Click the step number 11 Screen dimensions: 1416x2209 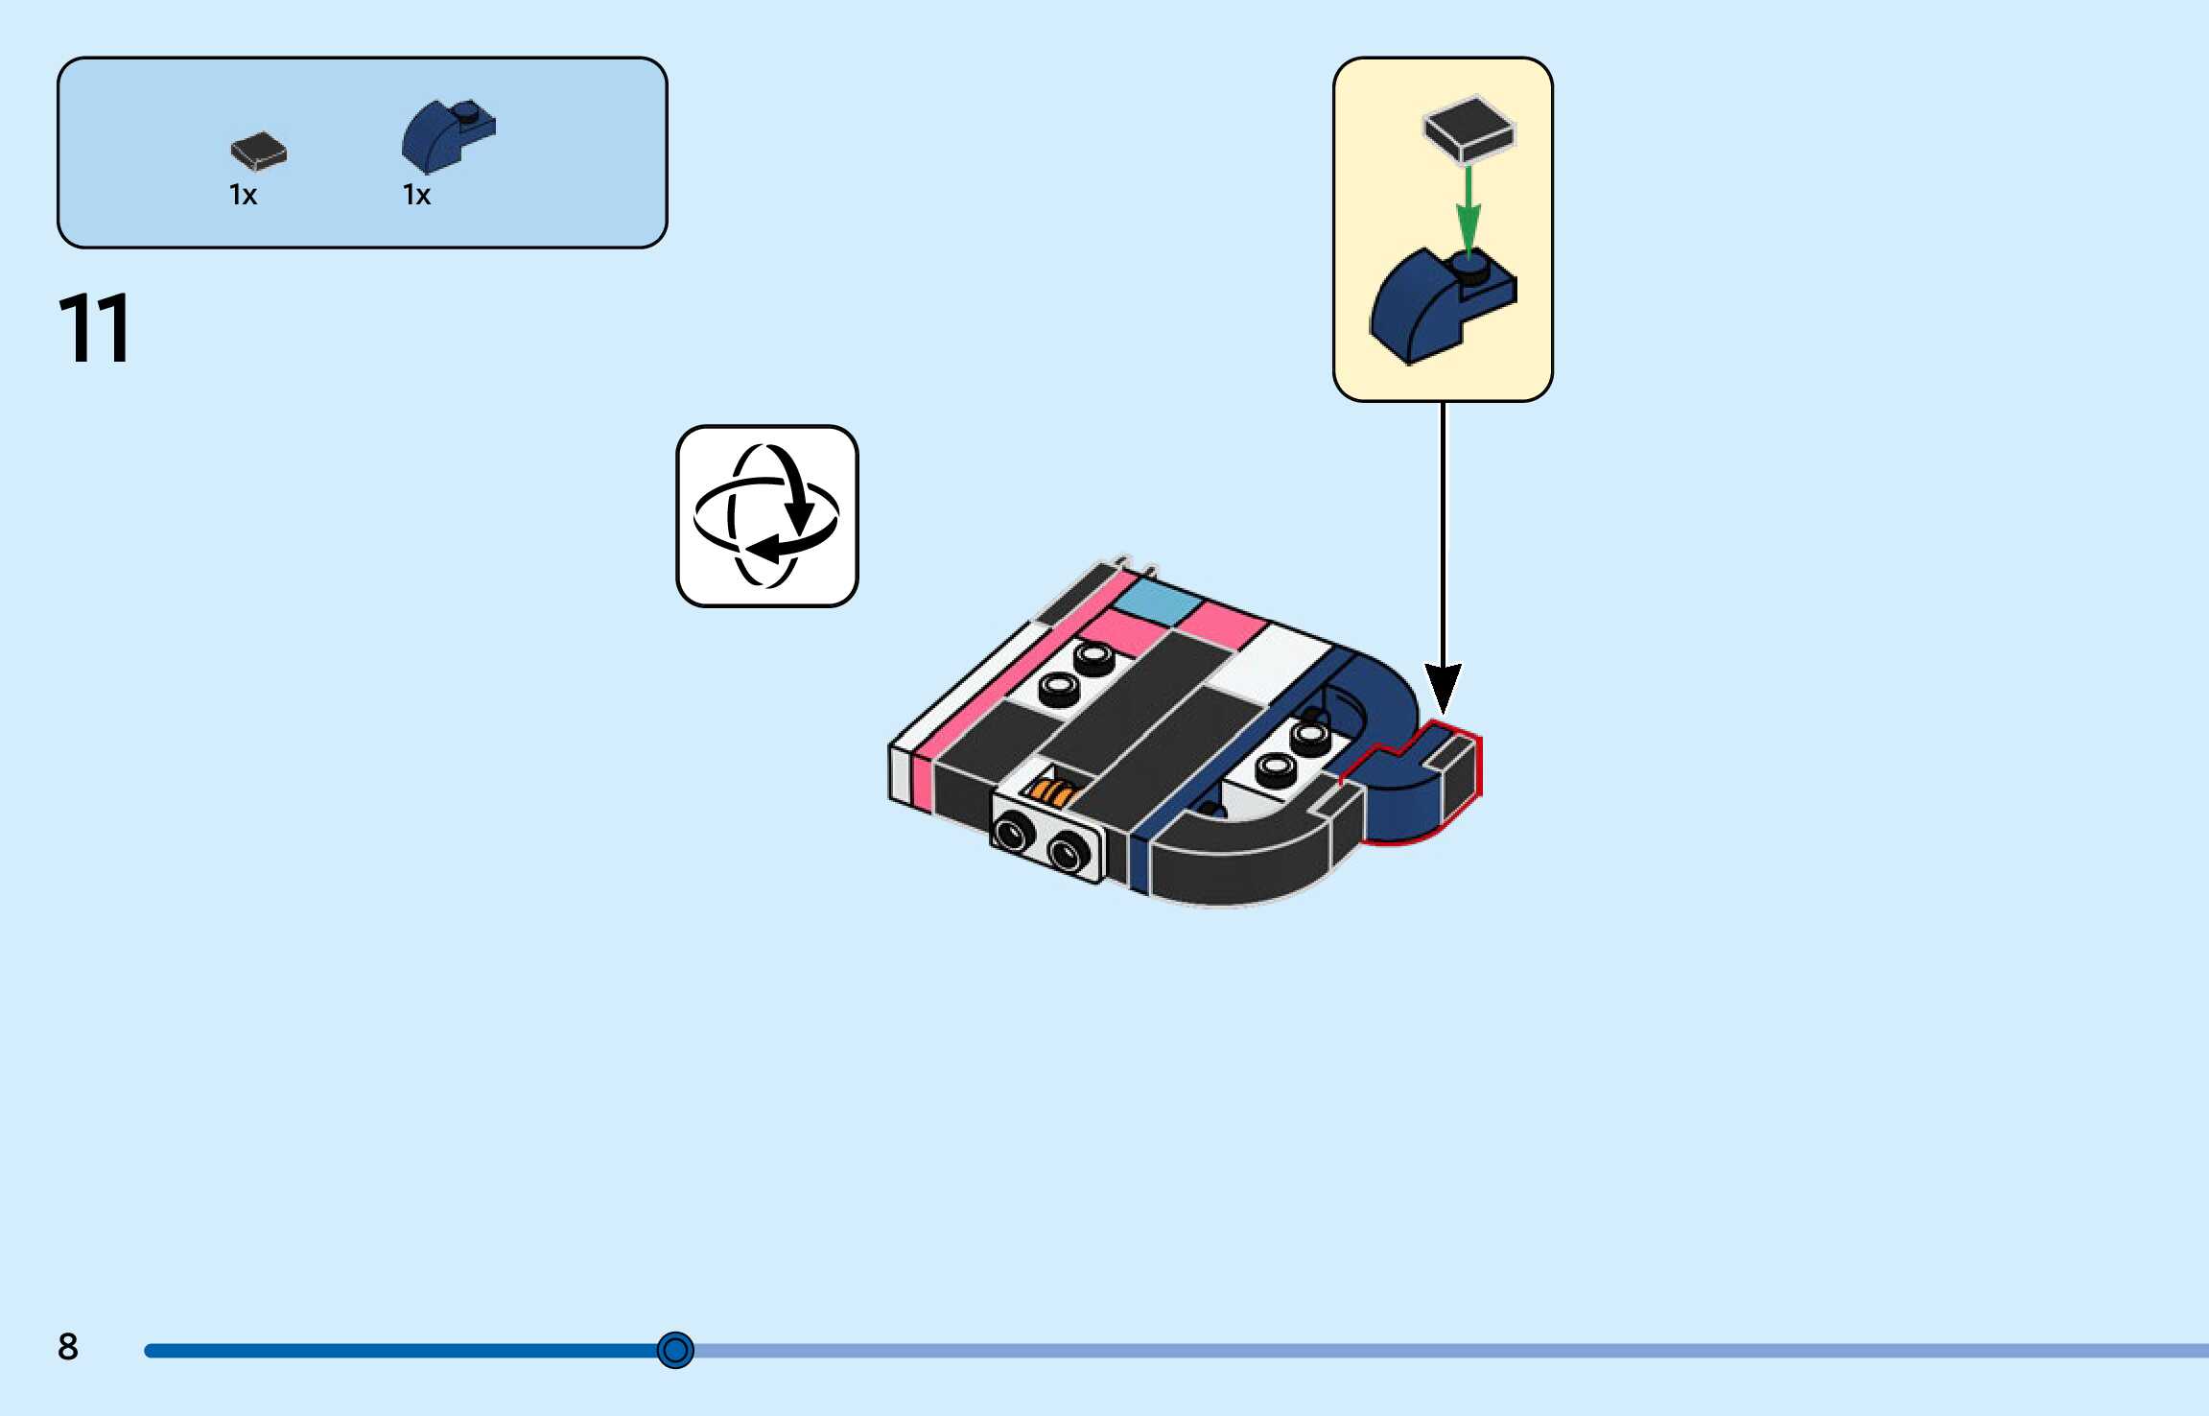pyautogui.click(x=94, y=328)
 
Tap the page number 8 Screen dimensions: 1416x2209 pyautogui.click(x=67, y=1346)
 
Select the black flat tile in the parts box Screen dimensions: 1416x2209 pyautogui.click(x=258, y=151)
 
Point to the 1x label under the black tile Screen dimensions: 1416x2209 pyautogui.click(x=243, y=195)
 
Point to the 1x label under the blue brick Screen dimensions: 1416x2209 pyautogui.click(x=416, y=195)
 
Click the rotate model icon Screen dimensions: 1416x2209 pyautogui.click(x=766, y=516)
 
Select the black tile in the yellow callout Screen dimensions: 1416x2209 pyautogui.click(x=1468, y=129)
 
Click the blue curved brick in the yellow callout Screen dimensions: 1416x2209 pyautogui.click(x=1429, y=307)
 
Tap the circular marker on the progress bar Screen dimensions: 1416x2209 pyautogui.click(x=675, y=1350)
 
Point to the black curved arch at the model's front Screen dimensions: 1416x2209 pyautogui.click(x=1237, y=863)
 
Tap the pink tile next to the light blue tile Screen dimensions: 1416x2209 pyautogui.click(x=1220, y=624)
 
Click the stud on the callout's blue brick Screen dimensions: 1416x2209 pyautogui.click(x=1468, y=266)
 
